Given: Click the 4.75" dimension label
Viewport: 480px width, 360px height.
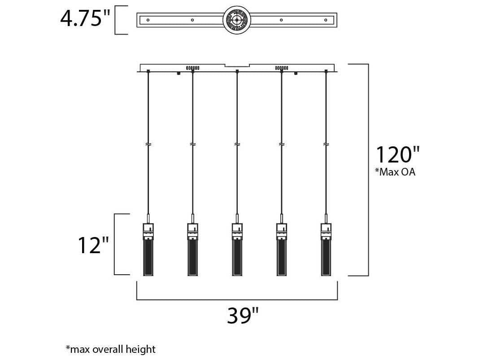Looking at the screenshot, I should point(85,18).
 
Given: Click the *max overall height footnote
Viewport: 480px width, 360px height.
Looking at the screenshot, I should point(110,349).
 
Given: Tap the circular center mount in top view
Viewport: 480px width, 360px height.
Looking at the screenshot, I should point(236,20).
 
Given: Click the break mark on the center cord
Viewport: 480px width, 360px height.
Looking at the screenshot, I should point(237,145).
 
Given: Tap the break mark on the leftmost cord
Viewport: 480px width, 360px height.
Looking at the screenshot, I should point(148,145).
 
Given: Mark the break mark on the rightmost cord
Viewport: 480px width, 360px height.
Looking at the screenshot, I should point(326,145).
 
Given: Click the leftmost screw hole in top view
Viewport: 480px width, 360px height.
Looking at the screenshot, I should point(148,20).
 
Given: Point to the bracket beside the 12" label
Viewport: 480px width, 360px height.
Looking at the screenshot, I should point(116,244).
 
